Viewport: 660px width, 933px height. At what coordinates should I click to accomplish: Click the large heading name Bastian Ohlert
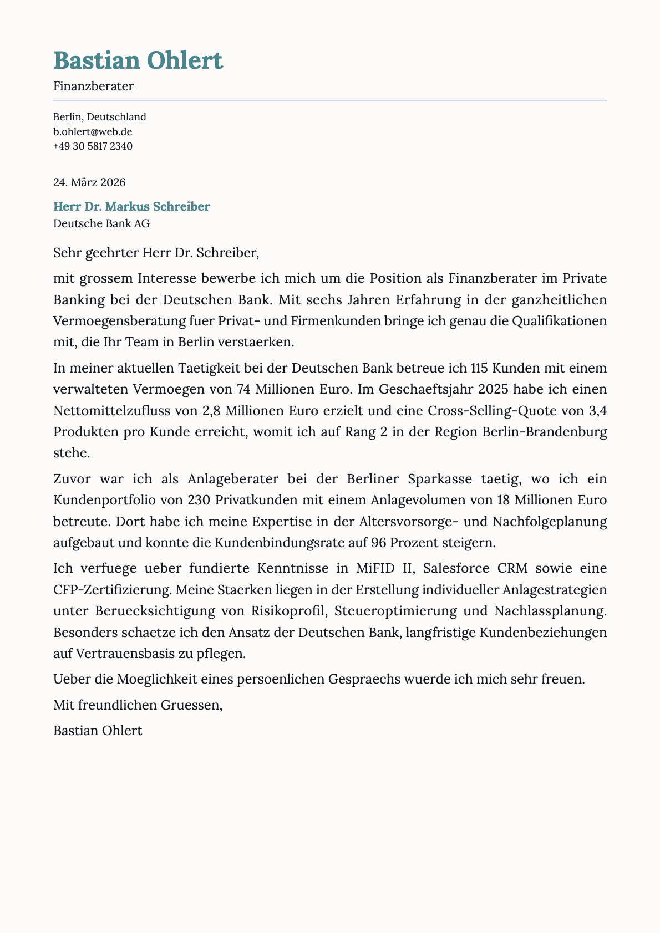tap(138, 60)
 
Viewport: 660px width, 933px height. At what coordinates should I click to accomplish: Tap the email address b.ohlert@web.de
tap(93, 131)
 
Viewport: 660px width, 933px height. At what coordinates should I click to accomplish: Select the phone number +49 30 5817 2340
tap(93, 146)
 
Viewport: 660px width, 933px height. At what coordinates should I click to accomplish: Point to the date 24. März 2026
tap(89, 182)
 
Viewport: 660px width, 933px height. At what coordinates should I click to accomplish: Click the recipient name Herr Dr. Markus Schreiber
tap(131, 207)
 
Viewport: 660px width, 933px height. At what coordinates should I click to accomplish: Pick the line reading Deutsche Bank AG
tap(101, 223)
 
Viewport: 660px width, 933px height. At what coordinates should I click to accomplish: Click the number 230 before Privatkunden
tap(199, 500)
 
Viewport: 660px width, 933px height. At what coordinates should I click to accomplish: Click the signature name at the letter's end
tap(98, 730)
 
